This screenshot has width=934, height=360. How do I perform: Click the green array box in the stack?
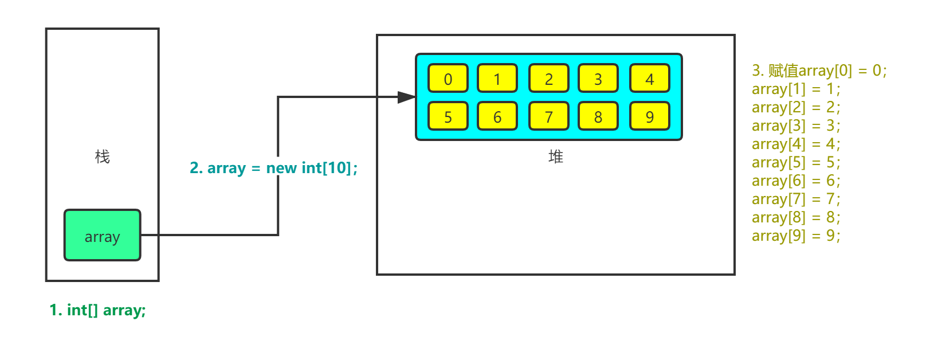pyautogui.click(x=102, y=235)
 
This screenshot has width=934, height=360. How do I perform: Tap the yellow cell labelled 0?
pyautogui.click(x=448, y=79)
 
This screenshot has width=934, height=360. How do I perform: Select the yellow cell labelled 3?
pyautogui.click(x=598, y=79)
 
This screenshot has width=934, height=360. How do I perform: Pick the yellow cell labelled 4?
pyautogui.click(x=650, y=79)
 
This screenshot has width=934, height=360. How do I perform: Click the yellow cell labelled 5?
pyautogui.click(x=448, y=116)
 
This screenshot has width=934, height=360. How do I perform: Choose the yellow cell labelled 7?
pyautogui.click(x=549, y=116)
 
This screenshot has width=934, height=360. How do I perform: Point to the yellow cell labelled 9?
pyautogui.click(x=650, y=116)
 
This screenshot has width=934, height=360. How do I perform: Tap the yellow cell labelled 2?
pyautogui.click(x=549, y=79)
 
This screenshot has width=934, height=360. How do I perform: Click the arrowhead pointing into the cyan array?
pyautogui.click(x=407, y=97)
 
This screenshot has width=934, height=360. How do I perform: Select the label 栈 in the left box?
pyautogui.click(x=102, y=156)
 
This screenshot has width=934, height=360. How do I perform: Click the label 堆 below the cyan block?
pyautogui.click(x=556, y=156)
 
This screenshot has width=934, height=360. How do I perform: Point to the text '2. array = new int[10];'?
pyautogui.click(x=274, y=167)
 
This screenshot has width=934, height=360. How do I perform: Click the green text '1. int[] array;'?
pyautogui.click(x=98, y=310)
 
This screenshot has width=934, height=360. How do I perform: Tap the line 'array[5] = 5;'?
pyautogui.click(x=796, y=163)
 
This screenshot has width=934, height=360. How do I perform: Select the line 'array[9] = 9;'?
pyautogui.click(x=796, y=236)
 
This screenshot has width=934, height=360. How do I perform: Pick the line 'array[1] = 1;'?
pyautogui.click(x=796, y=89)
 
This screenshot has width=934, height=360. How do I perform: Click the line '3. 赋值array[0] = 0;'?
pyautogui.click(x=819, y=71)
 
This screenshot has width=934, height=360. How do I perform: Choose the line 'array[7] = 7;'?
pyautogui.click(x=796, y=199)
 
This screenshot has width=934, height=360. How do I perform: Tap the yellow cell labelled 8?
pyautogui.click(x=598, y=116)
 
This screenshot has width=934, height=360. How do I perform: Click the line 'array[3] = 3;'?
pyautogui.click(x=796, y=126)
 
